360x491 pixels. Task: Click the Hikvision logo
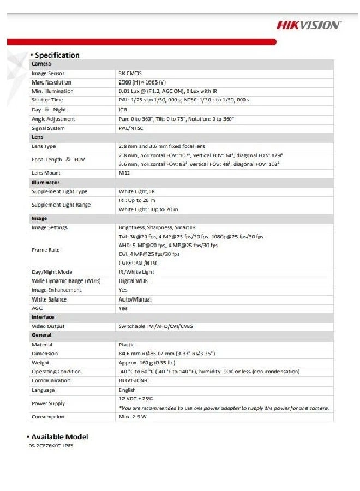(308, 25)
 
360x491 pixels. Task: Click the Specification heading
(57, 55)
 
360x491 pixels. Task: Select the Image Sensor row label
(48, 73)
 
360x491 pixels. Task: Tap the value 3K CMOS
(130, 73)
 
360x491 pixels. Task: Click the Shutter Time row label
(47, 100)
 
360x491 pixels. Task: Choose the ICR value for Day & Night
(123, 110)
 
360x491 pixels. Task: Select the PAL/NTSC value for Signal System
(131, 128)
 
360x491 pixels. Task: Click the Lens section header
(37, 137)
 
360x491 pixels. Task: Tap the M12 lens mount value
(124, 173)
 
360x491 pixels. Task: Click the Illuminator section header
(45, 182)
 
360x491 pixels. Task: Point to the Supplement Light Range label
(61, 205)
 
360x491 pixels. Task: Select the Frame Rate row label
(46, 249)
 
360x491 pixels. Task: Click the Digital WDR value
(134, 281)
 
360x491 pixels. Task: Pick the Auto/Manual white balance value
(135, 300)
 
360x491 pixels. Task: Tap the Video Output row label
(48, 326)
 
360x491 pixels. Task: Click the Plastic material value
(127, 345)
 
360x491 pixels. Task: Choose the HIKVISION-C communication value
(137, 381)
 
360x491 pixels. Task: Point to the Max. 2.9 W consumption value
(133, 417)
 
